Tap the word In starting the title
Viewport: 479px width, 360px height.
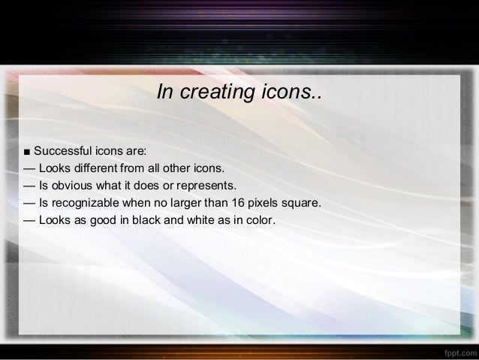[x=164, y=92]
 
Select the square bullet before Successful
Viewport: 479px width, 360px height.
[x=27, y=151]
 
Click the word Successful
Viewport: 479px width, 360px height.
[x=62, y=150]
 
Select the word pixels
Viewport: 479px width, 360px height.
[x=272, y=203]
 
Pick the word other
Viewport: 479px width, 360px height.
[x=180, y=168]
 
